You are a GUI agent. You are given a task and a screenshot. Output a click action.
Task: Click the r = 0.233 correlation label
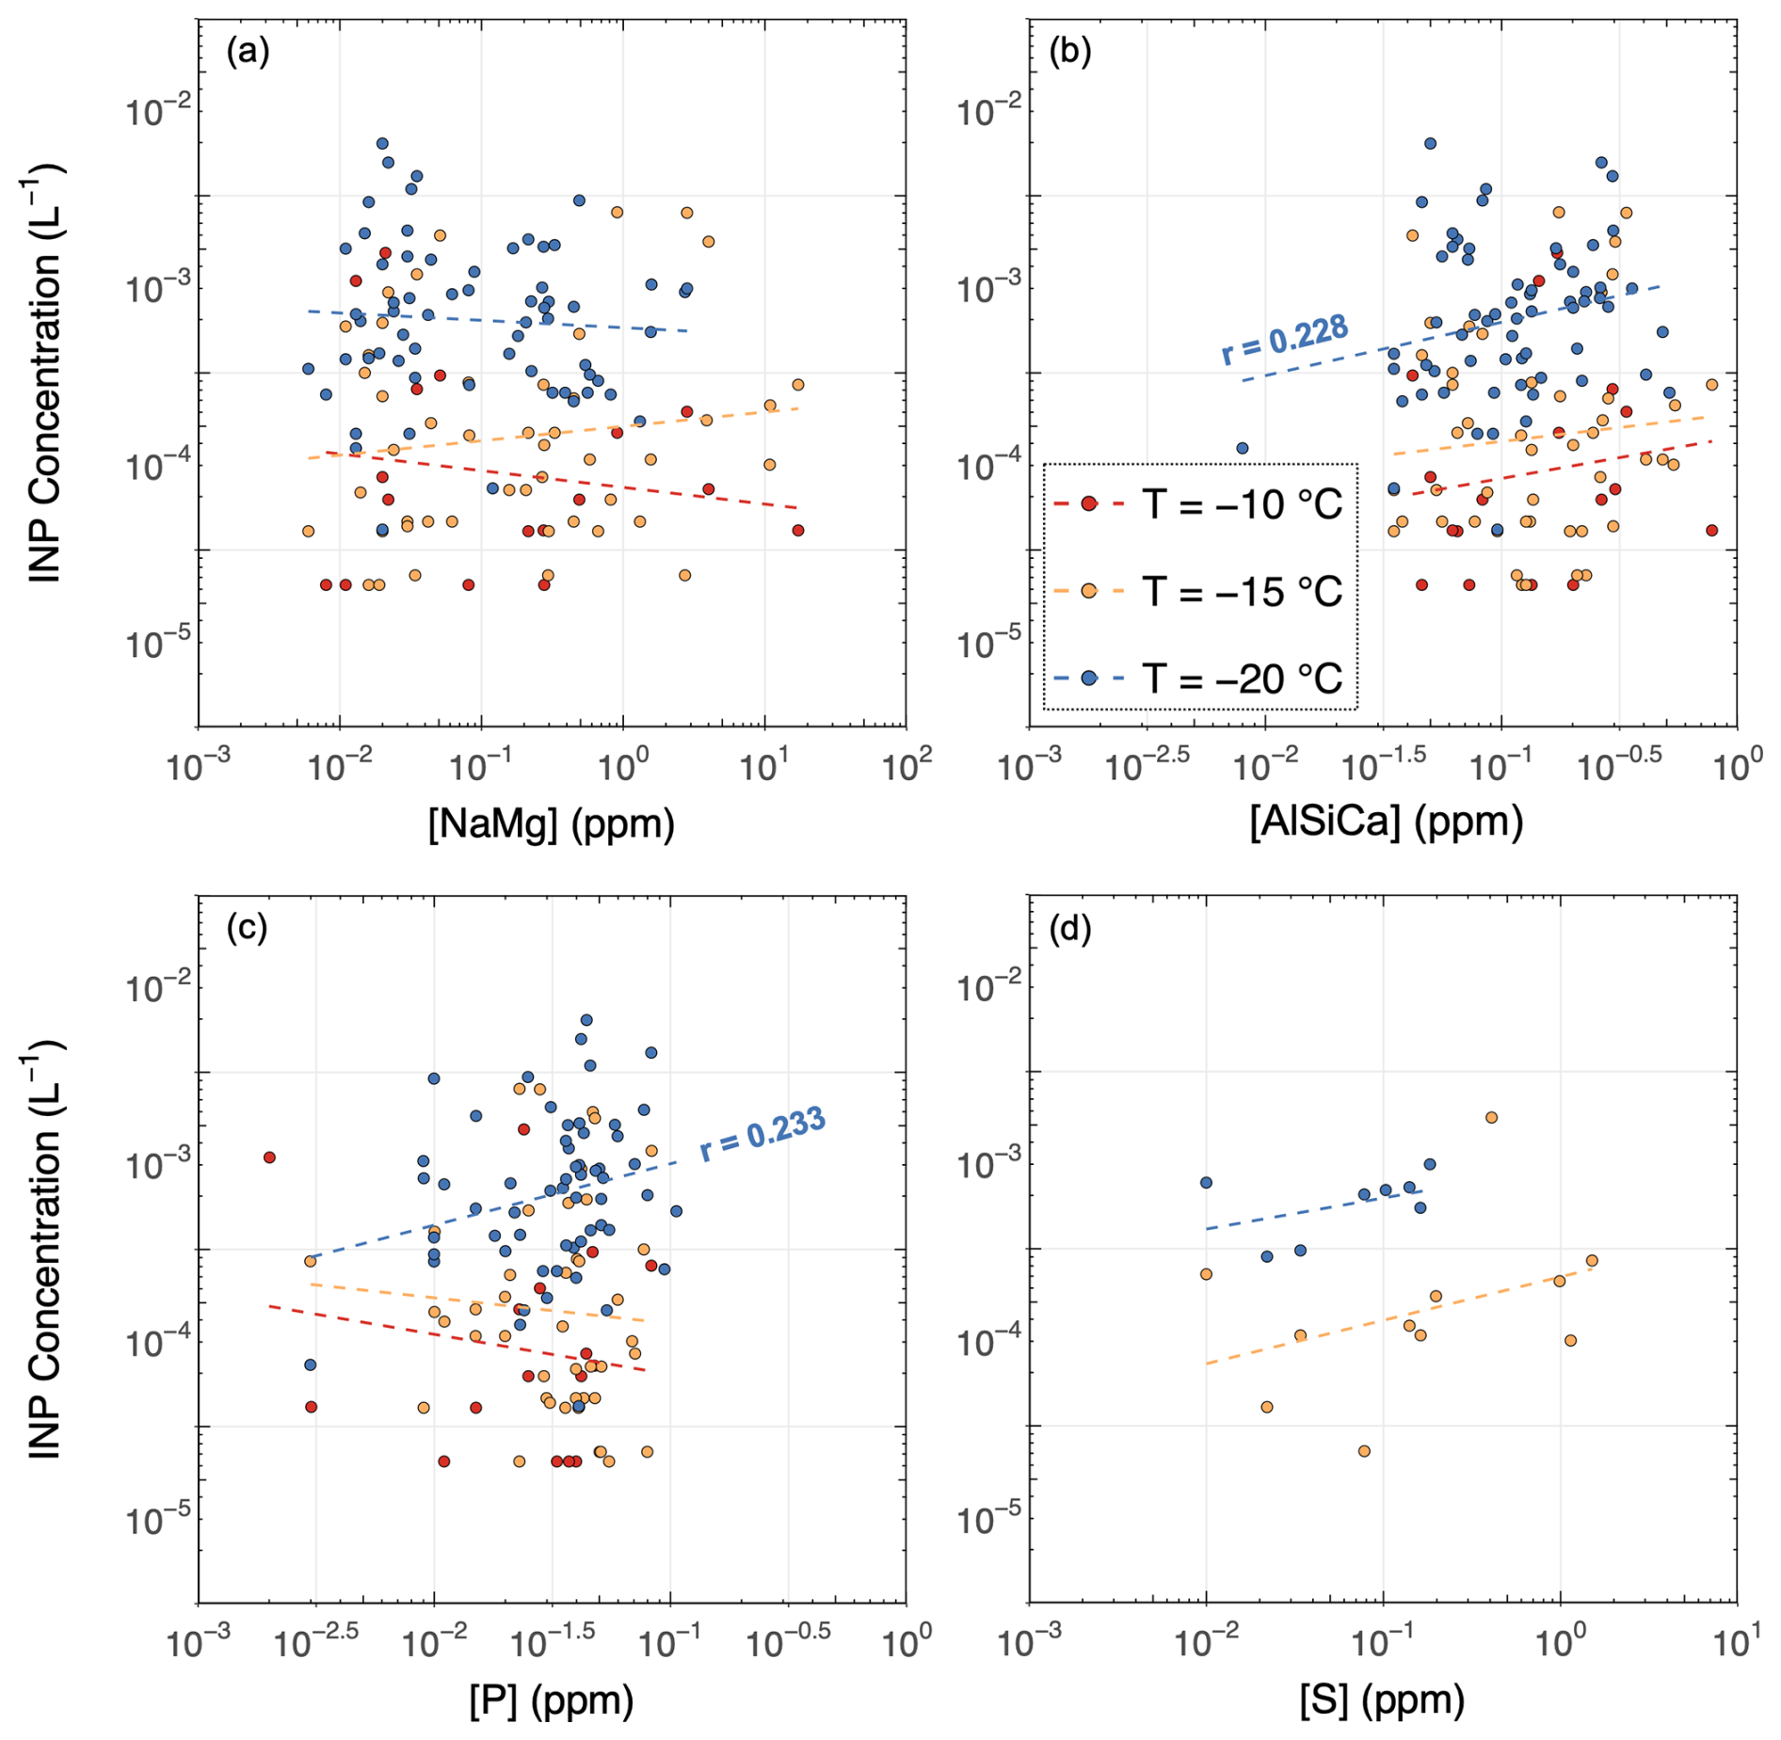click(762, 1133)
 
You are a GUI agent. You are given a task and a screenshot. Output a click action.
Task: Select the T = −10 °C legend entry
click(1198, 504)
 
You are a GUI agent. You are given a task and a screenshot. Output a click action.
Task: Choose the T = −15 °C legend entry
click(1198, 591)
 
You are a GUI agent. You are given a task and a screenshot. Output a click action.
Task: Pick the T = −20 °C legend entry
click(1198, 678)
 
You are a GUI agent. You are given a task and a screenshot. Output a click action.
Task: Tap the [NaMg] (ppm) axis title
click(552, 823)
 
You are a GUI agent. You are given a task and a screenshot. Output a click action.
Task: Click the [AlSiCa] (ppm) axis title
click(1387, 822)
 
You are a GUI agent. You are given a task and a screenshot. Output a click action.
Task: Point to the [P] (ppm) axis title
click(552, 1700)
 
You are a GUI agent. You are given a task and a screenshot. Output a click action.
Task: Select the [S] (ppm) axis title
click(1382, 1700)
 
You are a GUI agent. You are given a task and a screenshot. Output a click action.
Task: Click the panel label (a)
click(249, 52)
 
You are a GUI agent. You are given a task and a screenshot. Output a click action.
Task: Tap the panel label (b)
click(1070, 52)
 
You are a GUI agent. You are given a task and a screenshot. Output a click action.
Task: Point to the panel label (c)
click(248, 928)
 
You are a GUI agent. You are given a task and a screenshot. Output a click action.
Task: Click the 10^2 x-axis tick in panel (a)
click(907, 765)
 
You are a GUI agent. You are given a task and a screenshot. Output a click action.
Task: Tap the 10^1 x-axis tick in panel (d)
click(1738, 1642)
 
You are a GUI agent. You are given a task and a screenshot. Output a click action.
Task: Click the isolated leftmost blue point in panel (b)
click(1242, 448)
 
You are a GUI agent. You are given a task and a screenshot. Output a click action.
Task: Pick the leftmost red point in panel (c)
click(269, 1157)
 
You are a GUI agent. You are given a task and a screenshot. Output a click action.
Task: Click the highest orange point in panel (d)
click(1491, 1117)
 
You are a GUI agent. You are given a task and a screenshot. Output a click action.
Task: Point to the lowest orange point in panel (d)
click(1364, 1450)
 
